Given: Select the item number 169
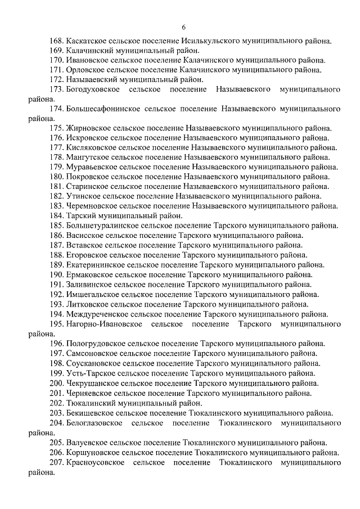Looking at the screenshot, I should (56, 50).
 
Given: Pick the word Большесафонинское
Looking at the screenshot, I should (101, 108).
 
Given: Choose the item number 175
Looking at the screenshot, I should (56, 128).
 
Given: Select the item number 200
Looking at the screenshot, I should (56, 382).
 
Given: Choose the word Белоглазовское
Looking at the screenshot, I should (93, 422).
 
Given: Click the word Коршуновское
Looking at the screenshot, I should (92, 452).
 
